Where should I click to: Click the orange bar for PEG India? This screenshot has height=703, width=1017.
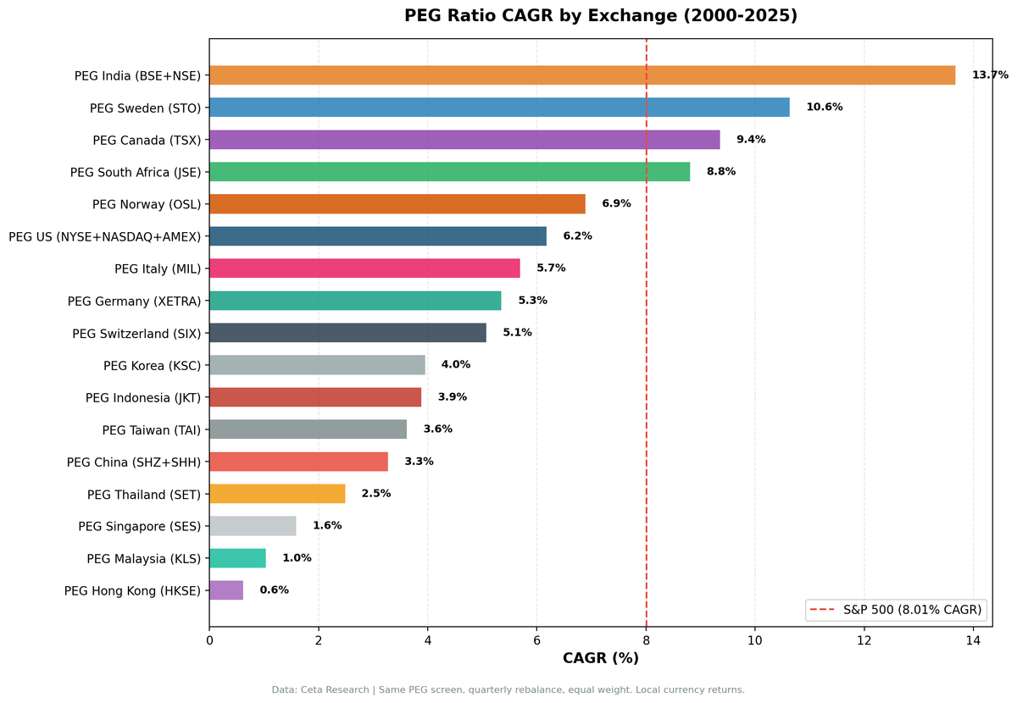tap(582, 75)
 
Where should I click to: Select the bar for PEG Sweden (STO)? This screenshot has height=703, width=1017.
tap(499, 108)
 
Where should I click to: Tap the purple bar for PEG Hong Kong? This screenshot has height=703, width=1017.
tap(226, 590)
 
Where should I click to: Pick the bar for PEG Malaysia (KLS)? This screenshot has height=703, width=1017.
tap(237, 558)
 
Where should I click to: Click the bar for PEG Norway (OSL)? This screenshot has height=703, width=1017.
tap(397, 204)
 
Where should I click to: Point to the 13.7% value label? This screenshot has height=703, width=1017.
tap(990, 75)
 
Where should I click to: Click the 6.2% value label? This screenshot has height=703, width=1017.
tap(577, 236)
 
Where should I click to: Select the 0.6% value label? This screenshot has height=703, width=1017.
tap(274, 590)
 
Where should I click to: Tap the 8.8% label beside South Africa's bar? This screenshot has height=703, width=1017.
tap(721, 172)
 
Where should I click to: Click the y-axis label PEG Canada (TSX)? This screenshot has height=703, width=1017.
tap(147, 140)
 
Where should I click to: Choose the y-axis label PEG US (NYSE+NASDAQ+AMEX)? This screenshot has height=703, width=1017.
tap(105, 236)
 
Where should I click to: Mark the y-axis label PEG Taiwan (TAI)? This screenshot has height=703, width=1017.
tap(152, 429)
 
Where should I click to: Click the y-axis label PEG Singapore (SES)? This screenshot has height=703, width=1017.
tap(140, 526)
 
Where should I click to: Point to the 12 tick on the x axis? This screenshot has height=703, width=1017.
tap(864, 640)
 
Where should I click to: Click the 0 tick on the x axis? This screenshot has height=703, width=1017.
tap(209, 640)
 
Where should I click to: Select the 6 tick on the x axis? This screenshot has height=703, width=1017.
tap(536, 640)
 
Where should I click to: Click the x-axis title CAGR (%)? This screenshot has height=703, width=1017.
tap(600, 658)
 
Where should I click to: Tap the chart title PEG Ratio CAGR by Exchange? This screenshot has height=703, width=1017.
tap(600, 16)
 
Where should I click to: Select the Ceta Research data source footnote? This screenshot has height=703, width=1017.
tap(508, 690)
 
